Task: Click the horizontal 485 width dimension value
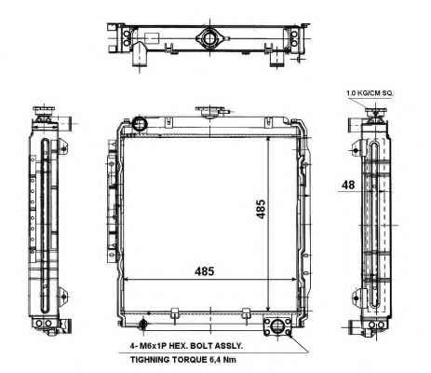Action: tap(205, 271)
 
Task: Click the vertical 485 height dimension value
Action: tap(261, 209)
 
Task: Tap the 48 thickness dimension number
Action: tap(348, 185)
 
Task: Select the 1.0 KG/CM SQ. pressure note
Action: tap(370, 93)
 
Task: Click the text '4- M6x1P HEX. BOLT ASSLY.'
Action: tap(186, 346)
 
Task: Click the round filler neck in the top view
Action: tap(210, 38)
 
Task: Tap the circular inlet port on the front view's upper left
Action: tap(139, 124)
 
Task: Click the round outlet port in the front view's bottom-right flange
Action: tap(277, 326)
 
